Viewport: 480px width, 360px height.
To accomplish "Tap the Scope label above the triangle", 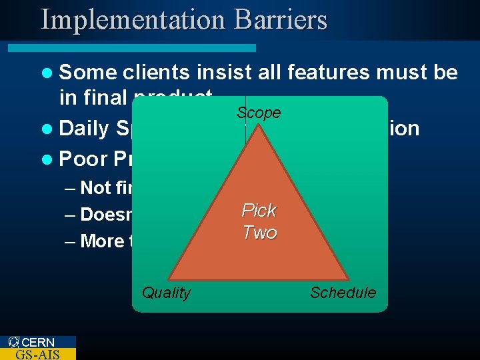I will [x=259, y=113].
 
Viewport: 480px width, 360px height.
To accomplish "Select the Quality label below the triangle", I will [x=166, y=293].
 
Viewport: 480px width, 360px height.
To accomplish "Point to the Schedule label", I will [x=343, y=293].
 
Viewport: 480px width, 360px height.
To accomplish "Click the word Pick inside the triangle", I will [x=259, y=211].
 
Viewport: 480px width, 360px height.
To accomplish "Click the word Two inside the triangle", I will [x=259, y=233].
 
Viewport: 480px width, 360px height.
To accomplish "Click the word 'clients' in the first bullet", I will [x=156, y=72].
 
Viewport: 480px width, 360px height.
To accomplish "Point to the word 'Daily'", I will [x=84, y=128].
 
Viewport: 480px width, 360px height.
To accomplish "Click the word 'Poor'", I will [x=82, y=159].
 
